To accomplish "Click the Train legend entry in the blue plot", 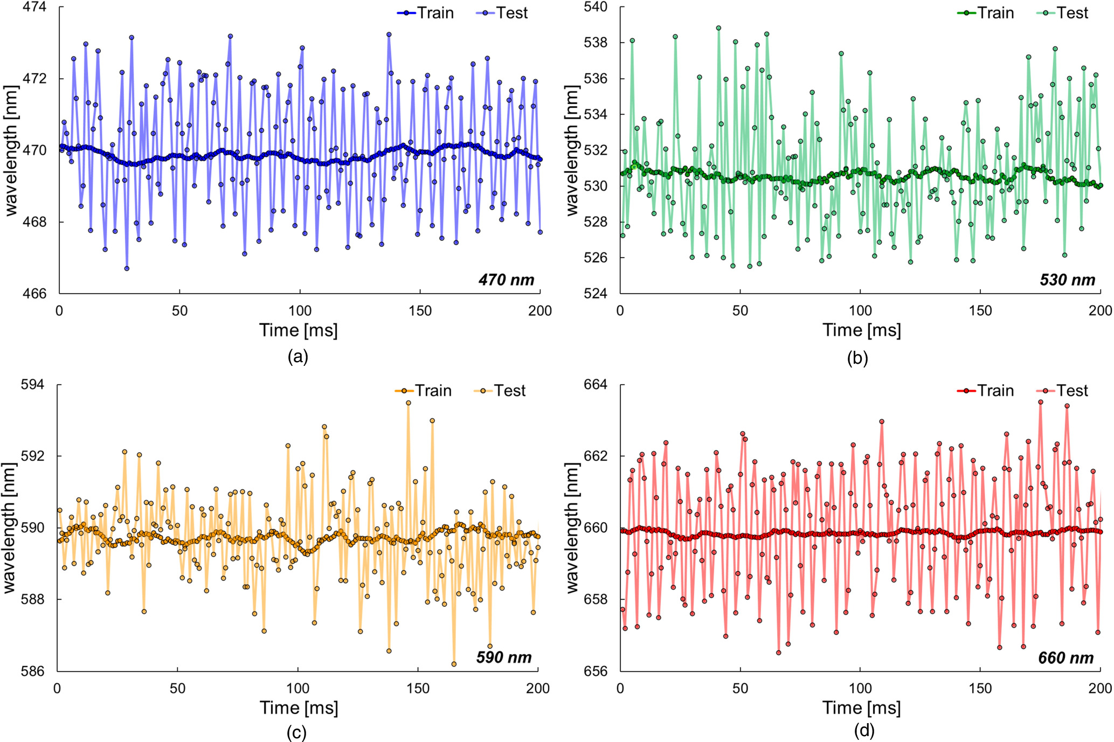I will pos(426,13).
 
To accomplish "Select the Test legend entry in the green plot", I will pos(1062,13).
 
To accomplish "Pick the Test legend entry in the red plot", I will pos(1062,391).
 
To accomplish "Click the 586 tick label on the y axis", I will pos(33,671).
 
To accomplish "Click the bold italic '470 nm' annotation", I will pos(506,280).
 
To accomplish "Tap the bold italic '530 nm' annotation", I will pos(1067,280).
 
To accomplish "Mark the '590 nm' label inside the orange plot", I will pos(504,657).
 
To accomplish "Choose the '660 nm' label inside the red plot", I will pos(1065,658).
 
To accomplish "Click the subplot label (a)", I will pos(298,357).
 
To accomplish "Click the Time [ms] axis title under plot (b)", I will pos(861,330).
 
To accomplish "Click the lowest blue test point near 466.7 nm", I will pos(127,268).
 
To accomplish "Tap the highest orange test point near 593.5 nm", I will pos(409,403).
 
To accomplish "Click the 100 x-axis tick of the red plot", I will pos(860,688).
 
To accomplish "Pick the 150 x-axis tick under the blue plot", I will pos(420,311).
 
